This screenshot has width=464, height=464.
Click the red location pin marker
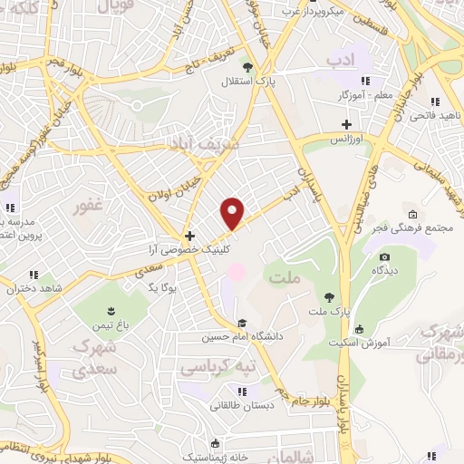coord(234,213)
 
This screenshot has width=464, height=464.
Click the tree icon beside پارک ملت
coord(329,296)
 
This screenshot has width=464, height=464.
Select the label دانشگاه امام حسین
coord(243,339)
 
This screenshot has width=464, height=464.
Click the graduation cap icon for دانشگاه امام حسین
coord(242,323)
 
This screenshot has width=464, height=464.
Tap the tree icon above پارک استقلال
coord(247,66)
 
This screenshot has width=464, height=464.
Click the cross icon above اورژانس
coord(344,124)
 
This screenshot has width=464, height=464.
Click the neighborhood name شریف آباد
coord(206,143)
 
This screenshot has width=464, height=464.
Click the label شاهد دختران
coord(33,289)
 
